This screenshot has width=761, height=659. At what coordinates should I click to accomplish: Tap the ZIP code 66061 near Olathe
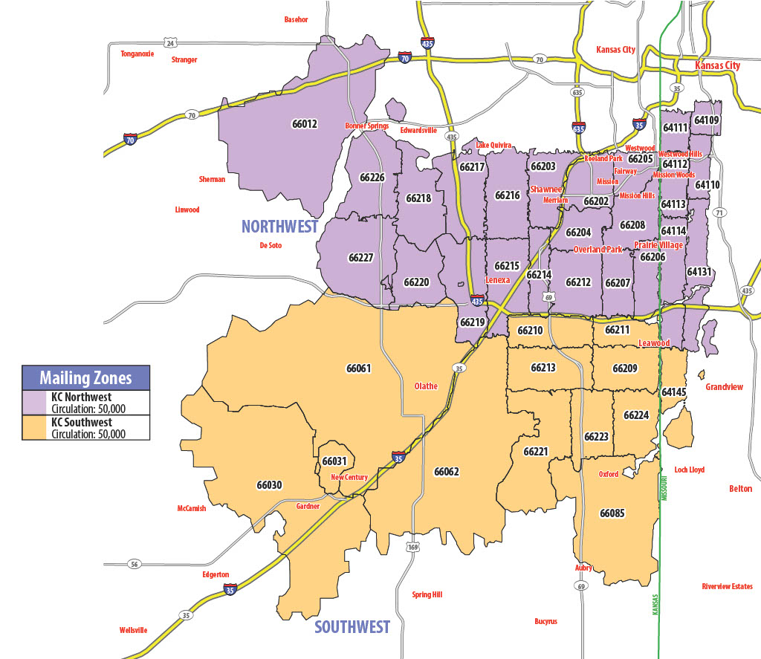pos(358,368)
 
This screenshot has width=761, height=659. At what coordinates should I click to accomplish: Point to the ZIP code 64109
pos(707,120)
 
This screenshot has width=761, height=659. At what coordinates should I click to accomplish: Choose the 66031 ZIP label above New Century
pos(334,461)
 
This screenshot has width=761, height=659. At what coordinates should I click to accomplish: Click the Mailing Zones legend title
pos(86,378)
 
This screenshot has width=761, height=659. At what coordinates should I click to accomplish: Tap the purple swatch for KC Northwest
pos(35,403)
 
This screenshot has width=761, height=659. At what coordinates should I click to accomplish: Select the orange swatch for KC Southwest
pos(35,428)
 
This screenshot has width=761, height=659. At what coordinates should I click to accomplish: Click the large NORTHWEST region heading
pos(279,227)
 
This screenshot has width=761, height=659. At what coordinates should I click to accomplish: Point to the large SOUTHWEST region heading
pos(352,627)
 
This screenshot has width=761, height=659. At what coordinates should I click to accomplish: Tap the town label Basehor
pos(296,19)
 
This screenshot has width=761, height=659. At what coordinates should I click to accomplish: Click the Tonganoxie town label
pos(137,53)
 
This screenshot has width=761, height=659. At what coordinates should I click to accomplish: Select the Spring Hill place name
pos(427,595)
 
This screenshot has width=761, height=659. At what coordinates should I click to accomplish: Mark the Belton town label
pos(740,489)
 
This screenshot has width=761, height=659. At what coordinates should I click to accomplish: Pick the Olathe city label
pos(426,386)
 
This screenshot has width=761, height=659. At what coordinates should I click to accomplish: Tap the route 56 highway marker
pos(133,563)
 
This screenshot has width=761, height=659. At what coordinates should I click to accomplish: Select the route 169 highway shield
pos(412,548)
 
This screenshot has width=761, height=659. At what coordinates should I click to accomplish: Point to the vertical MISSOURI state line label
pos(666,487)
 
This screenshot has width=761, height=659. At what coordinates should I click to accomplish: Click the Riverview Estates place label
pos(727,587)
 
